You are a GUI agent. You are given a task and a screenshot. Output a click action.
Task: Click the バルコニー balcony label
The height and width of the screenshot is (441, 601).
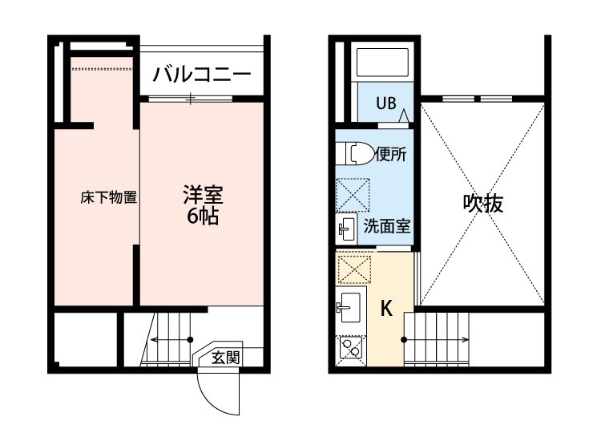[x=202, y=75]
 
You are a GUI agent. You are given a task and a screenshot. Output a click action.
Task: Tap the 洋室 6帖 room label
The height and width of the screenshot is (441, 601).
[x=203, y=205]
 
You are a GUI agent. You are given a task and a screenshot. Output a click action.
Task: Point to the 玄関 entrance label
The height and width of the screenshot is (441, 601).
[x=225, y=358]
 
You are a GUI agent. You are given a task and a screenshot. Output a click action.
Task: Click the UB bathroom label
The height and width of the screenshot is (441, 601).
[x=387, y=103]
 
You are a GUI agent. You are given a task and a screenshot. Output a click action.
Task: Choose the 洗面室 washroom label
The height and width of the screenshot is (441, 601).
[x=387, y=225]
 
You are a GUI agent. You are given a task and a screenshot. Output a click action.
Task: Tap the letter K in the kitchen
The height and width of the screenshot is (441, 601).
[x=385, y=308]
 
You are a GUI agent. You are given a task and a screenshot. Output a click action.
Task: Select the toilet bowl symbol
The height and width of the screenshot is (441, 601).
[x=354, y=152]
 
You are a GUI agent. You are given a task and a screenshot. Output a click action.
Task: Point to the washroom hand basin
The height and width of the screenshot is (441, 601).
[x=346, y=229]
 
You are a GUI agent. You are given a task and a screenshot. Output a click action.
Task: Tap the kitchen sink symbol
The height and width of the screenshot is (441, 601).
[x=349, y=305]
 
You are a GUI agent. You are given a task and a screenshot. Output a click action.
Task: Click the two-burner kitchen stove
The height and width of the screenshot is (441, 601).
[x=349, y=346]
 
